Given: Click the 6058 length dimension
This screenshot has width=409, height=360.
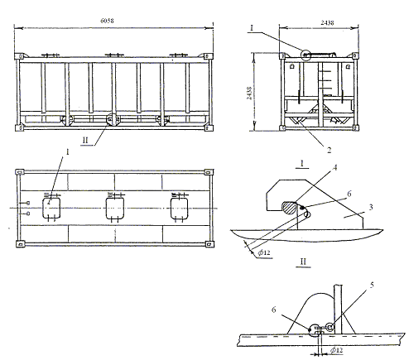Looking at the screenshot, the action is point(107,21).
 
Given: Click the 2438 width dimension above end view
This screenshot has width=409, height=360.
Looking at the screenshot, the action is point(327,22).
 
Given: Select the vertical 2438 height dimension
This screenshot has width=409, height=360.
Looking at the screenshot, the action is point(249,93).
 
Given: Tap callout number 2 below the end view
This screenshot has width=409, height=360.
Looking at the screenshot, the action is point(329,150).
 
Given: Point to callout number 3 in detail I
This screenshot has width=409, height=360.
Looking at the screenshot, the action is point(371,207).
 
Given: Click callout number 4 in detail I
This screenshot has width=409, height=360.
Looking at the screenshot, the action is point(335,167).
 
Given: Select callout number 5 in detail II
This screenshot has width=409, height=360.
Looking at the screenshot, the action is point(372,285).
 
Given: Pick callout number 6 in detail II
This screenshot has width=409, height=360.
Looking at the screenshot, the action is point(273,310).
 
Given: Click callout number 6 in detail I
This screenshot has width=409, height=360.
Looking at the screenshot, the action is point(349,194).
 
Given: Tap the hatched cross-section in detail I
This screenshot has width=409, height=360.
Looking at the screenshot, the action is point(289,208).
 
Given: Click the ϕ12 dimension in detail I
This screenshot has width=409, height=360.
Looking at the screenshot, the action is point(264,252).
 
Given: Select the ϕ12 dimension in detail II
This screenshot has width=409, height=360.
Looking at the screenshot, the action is point(336,350).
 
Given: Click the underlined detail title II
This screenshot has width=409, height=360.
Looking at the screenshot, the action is point(303,262).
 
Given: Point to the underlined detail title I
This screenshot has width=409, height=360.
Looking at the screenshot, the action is point(302,164).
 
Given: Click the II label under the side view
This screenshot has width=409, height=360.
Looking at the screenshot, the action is point(85,140).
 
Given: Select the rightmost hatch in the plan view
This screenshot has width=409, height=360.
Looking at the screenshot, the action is point(179,209).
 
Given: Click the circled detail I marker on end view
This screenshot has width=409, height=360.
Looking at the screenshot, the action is point(306,55).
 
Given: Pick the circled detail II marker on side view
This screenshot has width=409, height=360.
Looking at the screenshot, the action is point(113,119).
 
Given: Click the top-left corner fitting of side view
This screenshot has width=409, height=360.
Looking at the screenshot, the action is point(20,56).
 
